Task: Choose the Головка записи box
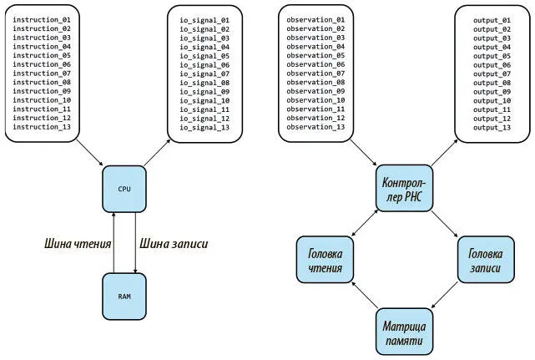pyautogui.click(x=485, y=259)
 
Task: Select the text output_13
pyautogui.click(x=492, y=127)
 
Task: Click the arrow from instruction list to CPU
pyautogui.click(x=88, y=153)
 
